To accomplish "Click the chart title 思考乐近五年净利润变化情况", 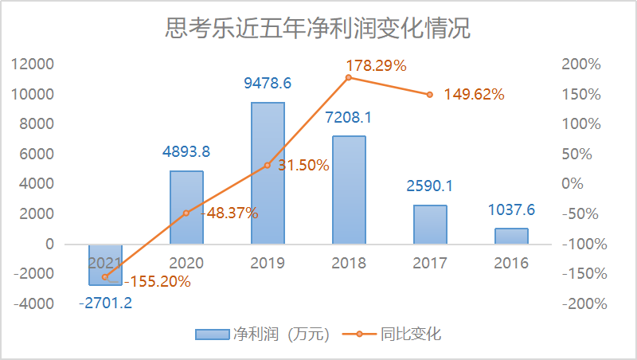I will click(x=318, y=29).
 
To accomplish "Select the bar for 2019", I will click(x=268, y=174).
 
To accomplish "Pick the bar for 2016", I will click(x=511, y=236).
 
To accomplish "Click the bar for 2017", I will click(x=430, y=225).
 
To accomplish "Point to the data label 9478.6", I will click(x=268, y=82).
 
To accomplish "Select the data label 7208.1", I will click(x=349, y=118).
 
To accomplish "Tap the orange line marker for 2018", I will click(x=349, y=77).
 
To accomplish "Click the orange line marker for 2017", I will click(x=430, y=94).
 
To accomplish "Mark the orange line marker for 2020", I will click(x=186, y=213).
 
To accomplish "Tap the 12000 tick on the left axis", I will click(x=37, y=65).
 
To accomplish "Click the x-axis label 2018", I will click(x=349, y=263).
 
